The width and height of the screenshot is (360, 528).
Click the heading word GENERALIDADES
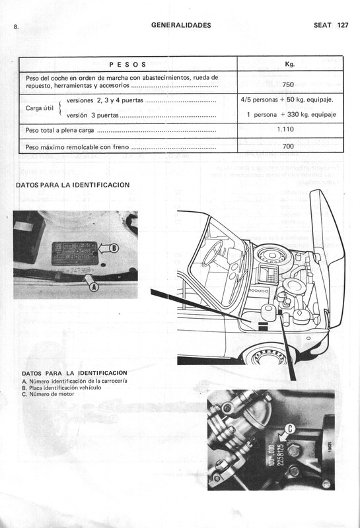pyautogui.click(x=181, y=25)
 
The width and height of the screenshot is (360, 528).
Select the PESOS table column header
pyautogui.click(x=127, y=65)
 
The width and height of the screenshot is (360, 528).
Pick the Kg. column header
pyautogui.click(x=289, y=64)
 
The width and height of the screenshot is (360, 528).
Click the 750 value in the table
pyautogui.click(x=288, y=84)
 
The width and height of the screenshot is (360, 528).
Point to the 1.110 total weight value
pyautogui.click(x=288, y=129)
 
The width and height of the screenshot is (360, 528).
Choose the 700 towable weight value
pyautogui.click(x=288, y=146)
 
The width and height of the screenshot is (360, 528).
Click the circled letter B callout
pyautogui.click(x=114, y=248)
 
